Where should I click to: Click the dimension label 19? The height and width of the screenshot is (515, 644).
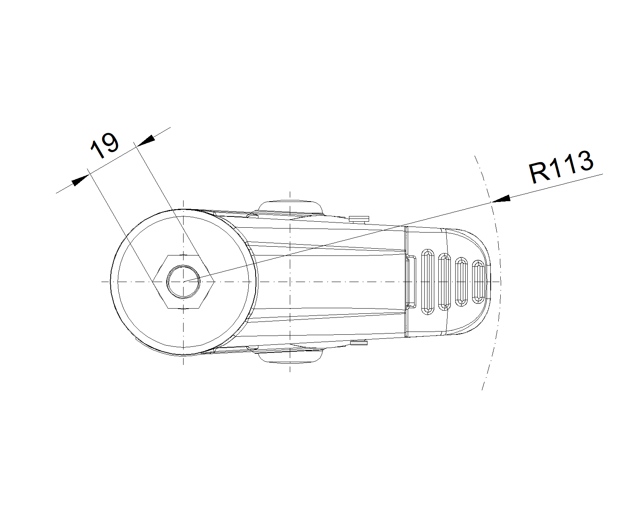pyautogui.click(x=105, y=146)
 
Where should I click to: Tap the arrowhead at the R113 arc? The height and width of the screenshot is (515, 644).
pyautogui.click(x=501, y=199)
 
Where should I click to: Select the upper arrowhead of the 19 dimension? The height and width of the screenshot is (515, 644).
pyautogui.click(x=146, y=140)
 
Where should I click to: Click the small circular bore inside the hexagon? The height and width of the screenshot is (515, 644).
pyautogui.click(x=183, y=282)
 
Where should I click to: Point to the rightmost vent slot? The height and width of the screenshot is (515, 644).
pyautogui.click(x=478, y=282)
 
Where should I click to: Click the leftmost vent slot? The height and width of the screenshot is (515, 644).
pyautogui.click(x=427, y=282)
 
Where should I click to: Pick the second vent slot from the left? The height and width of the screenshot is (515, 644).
pyautogui.click(x=444, y=282)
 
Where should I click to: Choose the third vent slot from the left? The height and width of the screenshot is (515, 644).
pyautogui.click(x=461, y=282)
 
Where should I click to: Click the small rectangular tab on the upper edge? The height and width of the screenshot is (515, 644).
pyautogui.click(x=359, y=219)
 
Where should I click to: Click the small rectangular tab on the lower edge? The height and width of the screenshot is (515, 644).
pyautogui.click(x=359, y=343)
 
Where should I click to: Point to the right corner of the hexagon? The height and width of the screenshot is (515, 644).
pyautogui.click(x=214, y=282)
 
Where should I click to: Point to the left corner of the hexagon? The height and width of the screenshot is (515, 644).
pyautogui.click(x=153, y=282)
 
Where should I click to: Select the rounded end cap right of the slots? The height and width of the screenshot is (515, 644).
pyautogui.click(x=469, y=282)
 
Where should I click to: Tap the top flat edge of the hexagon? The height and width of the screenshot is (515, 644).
pyautogui.click(x=183, y=255)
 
